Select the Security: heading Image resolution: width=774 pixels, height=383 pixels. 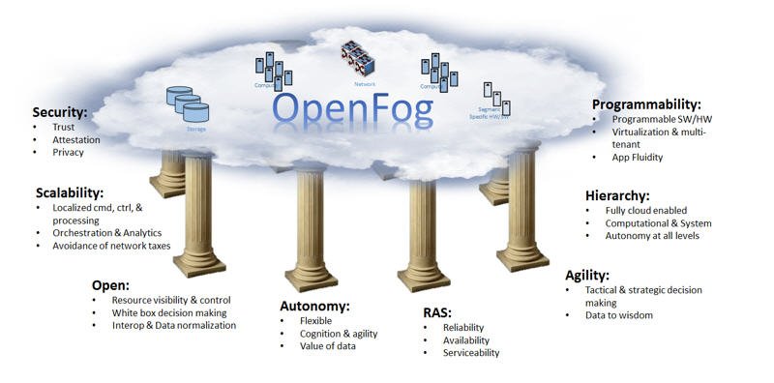click(x=60, y=112)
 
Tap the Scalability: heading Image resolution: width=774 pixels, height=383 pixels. click(x=69, y=192)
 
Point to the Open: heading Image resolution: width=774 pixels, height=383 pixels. click(x=110, y=284)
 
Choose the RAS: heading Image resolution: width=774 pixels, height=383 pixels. click(x=436, y=312)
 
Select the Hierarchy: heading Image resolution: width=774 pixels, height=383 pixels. click(x=617, y=194)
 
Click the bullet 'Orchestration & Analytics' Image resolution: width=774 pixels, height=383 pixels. click(x=107, y=232)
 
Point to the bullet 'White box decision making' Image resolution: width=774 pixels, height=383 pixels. click(x=169, y=312)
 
